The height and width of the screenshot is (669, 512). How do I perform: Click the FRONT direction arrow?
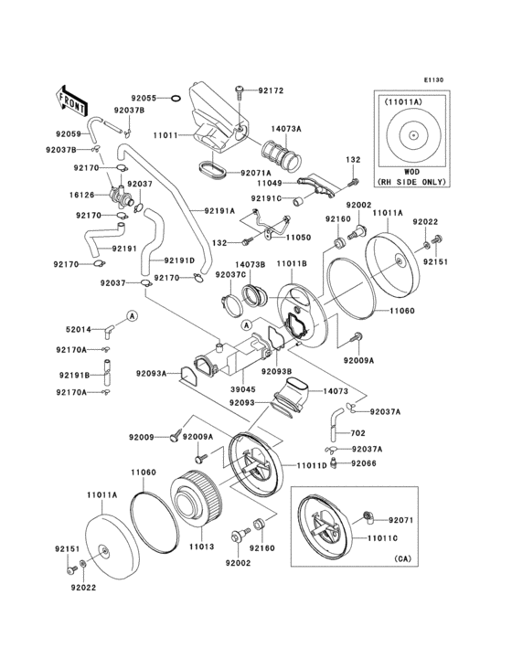(74, 96)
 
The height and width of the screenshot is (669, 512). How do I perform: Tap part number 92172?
(271, 90)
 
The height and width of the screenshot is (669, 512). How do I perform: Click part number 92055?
(144, 97)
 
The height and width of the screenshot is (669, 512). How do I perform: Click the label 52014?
(77, 328)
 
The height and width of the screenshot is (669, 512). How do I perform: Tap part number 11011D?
(311, 465)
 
